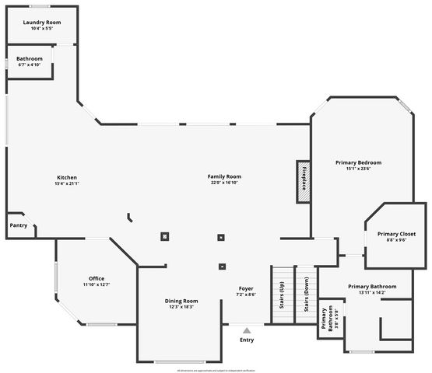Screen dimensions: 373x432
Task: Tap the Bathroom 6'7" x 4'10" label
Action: [30, 58]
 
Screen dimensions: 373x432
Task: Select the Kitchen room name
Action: [67, 177]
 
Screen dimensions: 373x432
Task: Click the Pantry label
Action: [18, 225]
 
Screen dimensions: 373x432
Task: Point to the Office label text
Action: [97, 278]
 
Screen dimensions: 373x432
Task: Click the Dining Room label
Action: [181, 301]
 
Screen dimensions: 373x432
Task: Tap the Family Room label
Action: [224, 176]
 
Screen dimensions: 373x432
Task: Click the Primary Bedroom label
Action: [358, 162]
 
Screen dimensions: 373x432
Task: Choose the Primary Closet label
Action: [396, 234]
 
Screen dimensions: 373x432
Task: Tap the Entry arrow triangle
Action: [247, 330]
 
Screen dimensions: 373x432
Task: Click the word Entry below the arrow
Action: [247, 340]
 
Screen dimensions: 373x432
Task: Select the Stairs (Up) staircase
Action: [282, 295]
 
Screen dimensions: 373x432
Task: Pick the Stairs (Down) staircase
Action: [306, 295]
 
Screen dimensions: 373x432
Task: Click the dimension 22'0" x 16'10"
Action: [224, 183]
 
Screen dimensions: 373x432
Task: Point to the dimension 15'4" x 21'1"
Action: [67, 184]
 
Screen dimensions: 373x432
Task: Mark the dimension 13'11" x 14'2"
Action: [372, 293]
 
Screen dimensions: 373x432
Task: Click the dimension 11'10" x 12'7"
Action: [97, 285]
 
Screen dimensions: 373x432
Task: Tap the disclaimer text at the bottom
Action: [216, 371]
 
